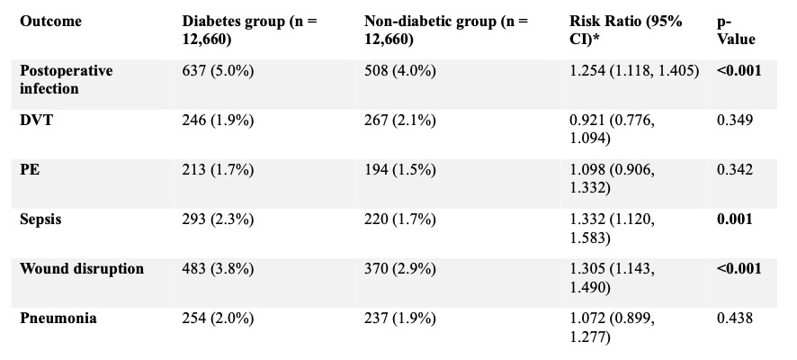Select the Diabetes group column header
click(x=249, y=30)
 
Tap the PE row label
click(x=30, y=169)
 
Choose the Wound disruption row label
click(x=79, y=269)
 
